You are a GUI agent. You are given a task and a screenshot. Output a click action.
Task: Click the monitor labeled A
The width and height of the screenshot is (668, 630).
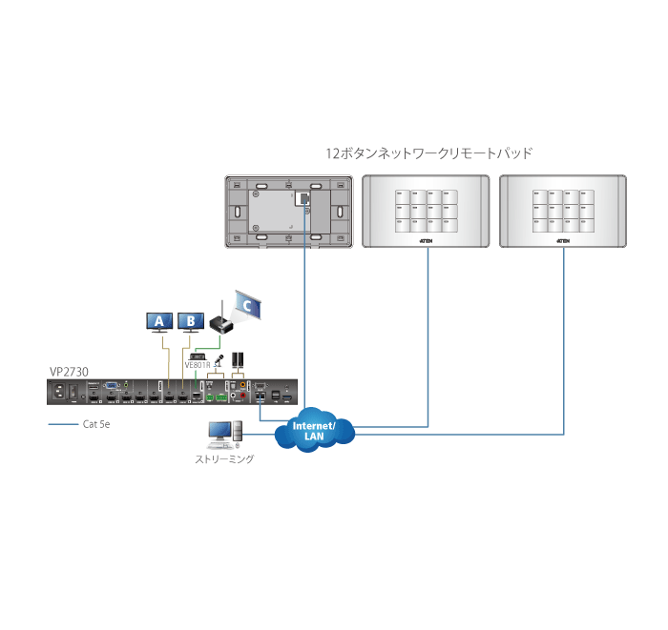coord(158,321)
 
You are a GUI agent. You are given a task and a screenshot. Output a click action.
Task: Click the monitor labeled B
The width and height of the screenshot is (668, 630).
coord(191,321)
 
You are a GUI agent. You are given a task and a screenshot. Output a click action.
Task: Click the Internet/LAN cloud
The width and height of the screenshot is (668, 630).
coord(314,431)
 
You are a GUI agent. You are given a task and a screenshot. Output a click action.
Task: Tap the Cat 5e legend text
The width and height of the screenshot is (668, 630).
coord(96,425)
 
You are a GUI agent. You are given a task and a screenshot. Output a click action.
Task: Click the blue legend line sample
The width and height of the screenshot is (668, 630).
coord(62,425)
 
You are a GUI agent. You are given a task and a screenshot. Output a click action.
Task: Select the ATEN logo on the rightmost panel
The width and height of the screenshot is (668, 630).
coord(563,241)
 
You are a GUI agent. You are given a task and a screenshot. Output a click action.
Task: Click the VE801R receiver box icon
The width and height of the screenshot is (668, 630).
coord(198,354)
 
